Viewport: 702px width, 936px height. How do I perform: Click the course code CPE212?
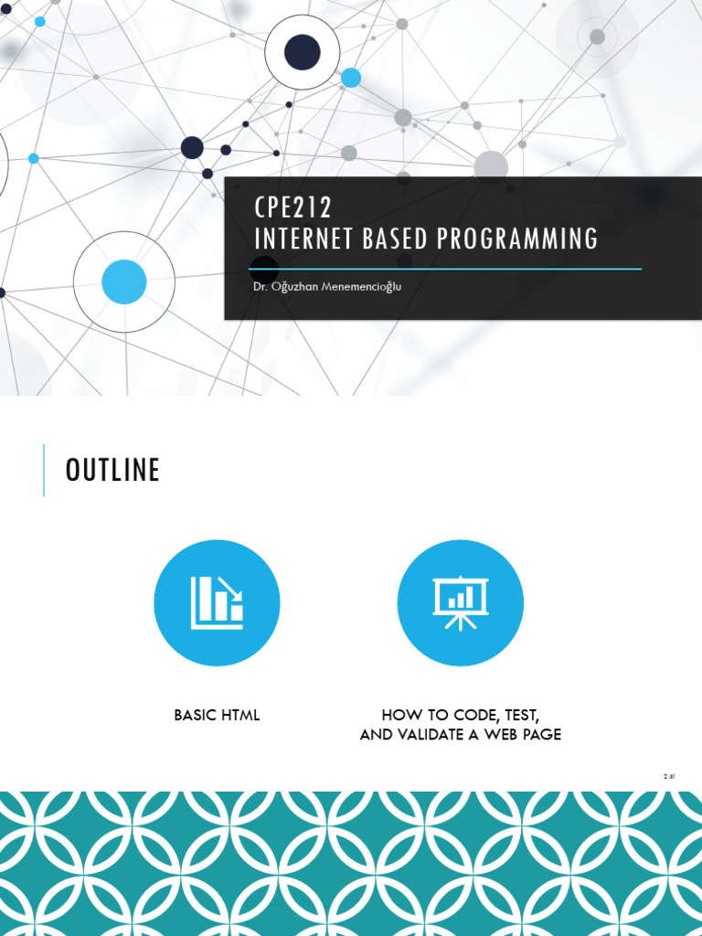point(293,207)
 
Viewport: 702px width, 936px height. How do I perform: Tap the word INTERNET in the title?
point(303,239)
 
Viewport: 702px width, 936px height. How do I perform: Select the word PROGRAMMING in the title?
point(517,239)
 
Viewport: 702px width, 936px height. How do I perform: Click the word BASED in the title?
point(395,239)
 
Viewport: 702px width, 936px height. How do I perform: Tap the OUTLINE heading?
point(112,470)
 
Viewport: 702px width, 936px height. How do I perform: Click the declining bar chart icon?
point(217,603)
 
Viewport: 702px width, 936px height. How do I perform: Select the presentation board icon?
point(461,603)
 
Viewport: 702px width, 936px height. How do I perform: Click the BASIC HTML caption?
point(217,715)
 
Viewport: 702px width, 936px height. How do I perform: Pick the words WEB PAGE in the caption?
point(523,734)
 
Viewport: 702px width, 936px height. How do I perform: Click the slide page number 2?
point(665,777)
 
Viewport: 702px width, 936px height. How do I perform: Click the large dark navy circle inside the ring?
point(302,52)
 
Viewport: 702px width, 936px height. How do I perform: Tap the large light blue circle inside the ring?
point(124,282)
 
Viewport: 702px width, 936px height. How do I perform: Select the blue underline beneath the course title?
point(445,270)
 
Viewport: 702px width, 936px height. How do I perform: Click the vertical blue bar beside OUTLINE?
point(44,470)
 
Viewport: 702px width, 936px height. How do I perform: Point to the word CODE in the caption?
point(476,715)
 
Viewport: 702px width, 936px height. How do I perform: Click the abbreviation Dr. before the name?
point(260,287)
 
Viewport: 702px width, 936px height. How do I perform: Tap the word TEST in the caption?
point(522,715)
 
